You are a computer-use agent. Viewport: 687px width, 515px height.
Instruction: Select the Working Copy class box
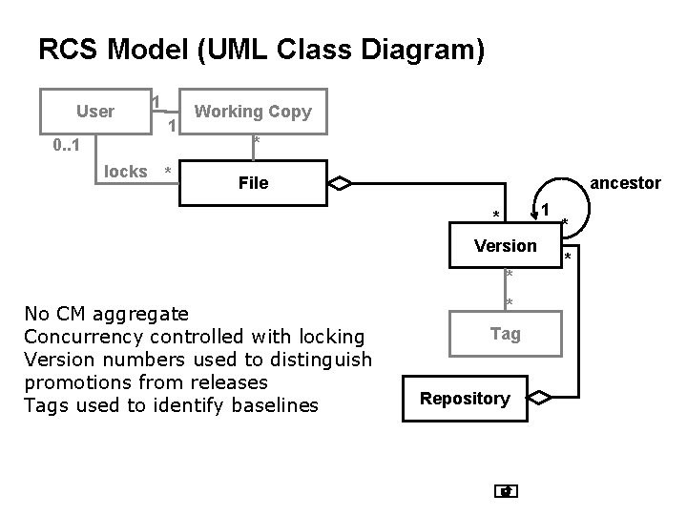pos(252,112)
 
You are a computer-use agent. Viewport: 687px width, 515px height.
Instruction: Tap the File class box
pos(253,182)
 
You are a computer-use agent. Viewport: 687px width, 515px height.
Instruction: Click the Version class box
pos(505,246)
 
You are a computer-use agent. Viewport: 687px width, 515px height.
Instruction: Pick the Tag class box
pos(505,334)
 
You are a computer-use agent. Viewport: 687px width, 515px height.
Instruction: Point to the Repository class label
pos(465,399)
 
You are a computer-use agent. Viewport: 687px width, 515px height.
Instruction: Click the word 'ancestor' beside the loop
pos(626,182)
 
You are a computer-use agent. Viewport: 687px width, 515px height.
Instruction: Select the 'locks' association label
pos(125,172)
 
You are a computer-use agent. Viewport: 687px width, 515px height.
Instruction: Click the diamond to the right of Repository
pos(541,398)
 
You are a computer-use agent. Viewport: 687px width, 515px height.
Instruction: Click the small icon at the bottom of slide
pos(507,492)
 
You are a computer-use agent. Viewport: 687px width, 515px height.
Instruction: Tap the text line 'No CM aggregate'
pos(106,314)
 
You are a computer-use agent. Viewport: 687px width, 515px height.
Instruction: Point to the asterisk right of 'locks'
pos(168,173)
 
